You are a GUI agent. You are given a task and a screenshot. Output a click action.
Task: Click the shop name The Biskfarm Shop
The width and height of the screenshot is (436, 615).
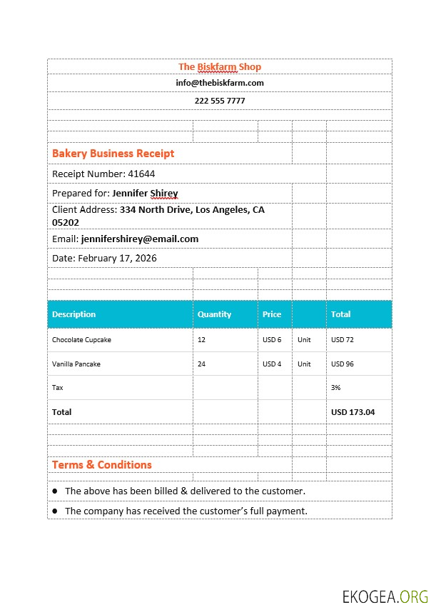click(220, 66)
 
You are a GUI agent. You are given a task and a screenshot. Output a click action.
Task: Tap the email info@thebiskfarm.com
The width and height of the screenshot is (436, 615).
click(220, 83)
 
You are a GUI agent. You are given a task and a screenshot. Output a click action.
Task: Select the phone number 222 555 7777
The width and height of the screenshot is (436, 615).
click(220, 101)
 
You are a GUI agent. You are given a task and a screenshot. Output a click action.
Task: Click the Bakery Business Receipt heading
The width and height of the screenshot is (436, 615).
click(113, 153)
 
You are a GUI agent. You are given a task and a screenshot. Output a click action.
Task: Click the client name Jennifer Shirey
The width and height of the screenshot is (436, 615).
click(145, 193)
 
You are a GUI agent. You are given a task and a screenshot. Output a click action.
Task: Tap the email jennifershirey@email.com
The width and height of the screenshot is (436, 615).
click(140, 239)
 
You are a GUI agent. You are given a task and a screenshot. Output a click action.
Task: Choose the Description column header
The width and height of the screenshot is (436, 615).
click(73, 314)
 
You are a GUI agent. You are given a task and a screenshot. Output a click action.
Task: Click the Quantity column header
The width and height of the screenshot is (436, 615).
click(214, 314)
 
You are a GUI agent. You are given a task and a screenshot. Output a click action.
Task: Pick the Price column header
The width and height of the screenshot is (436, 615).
click(272, 314)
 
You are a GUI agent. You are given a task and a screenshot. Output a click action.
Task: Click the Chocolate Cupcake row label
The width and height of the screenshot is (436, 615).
click(81, 340)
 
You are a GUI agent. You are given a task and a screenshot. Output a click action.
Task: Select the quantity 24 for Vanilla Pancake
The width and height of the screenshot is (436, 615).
click(202, 364)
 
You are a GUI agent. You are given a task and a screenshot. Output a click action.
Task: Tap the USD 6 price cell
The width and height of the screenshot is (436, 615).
click(272, 340)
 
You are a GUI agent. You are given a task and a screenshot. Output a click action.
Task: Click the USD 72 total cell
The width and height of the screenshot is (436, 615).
click(343, 340)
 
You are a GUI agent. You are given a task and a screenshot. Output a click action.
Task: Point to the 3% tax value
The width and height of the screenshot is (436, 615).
click(336, 387)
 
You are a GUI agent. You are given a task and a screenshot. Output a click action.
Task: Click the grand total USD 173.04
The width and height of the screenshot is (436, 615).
click(353, 412)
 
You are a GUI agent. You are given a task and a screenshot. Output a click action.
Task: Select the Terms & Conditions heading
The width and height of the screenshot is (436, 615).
click(101, 464)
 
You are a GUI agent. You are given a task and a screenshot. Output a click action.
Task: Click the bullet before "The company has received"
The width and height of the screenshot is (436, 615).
click(55, 511)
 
